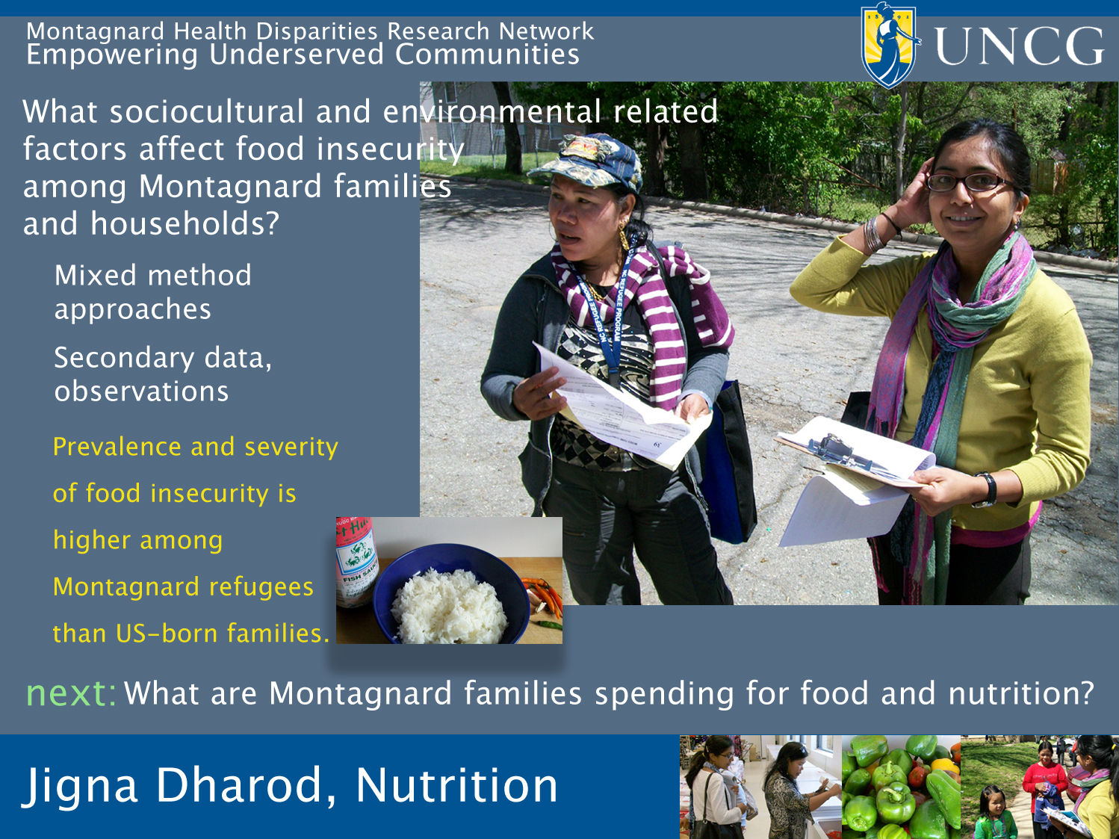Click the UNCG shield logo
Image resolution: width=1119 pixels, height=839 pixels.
(x=890, y=46)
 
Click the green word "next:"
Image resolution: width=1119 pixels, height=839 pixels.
(x=71, y=693)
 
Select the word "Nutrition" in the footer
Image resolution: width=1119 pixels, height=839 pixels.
(x=456, y=785)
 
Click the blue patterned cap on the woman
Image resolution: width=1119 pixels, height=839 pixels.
(x=586, y=161)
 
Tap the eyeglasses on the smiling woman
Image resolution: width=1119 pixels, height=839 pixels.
(x=969, y=182)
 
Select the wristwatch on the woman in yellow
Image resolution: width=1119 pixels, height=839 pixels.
(x=987, y=490)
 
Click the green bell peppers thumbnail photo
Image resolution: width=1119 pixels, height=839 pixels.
(x=901, y=787)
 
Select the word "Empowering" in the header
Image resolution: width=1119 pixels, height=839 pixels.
(x=112, y=55)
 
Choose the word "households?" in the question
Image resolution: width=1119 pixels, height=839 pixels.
(x=185, y=223)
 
